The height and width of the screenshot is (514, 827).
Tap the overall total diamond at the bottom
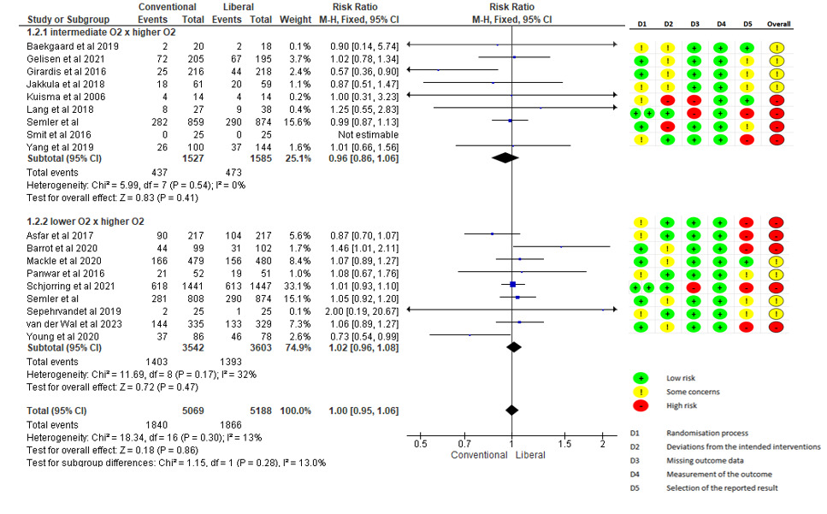(511, 409)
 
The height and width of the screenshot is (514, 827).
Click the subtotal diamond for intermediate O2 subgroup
(505, 157)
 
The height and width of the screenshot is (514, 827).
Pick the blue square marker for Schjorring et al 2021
(512, 284)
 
